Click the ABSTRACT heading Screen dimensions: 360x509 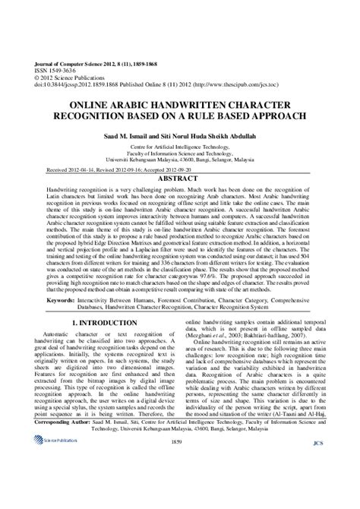click(x=179, y=179)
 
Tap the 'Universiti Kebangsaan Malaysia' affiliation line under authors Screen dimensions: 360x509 click(x=179, y=160)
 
